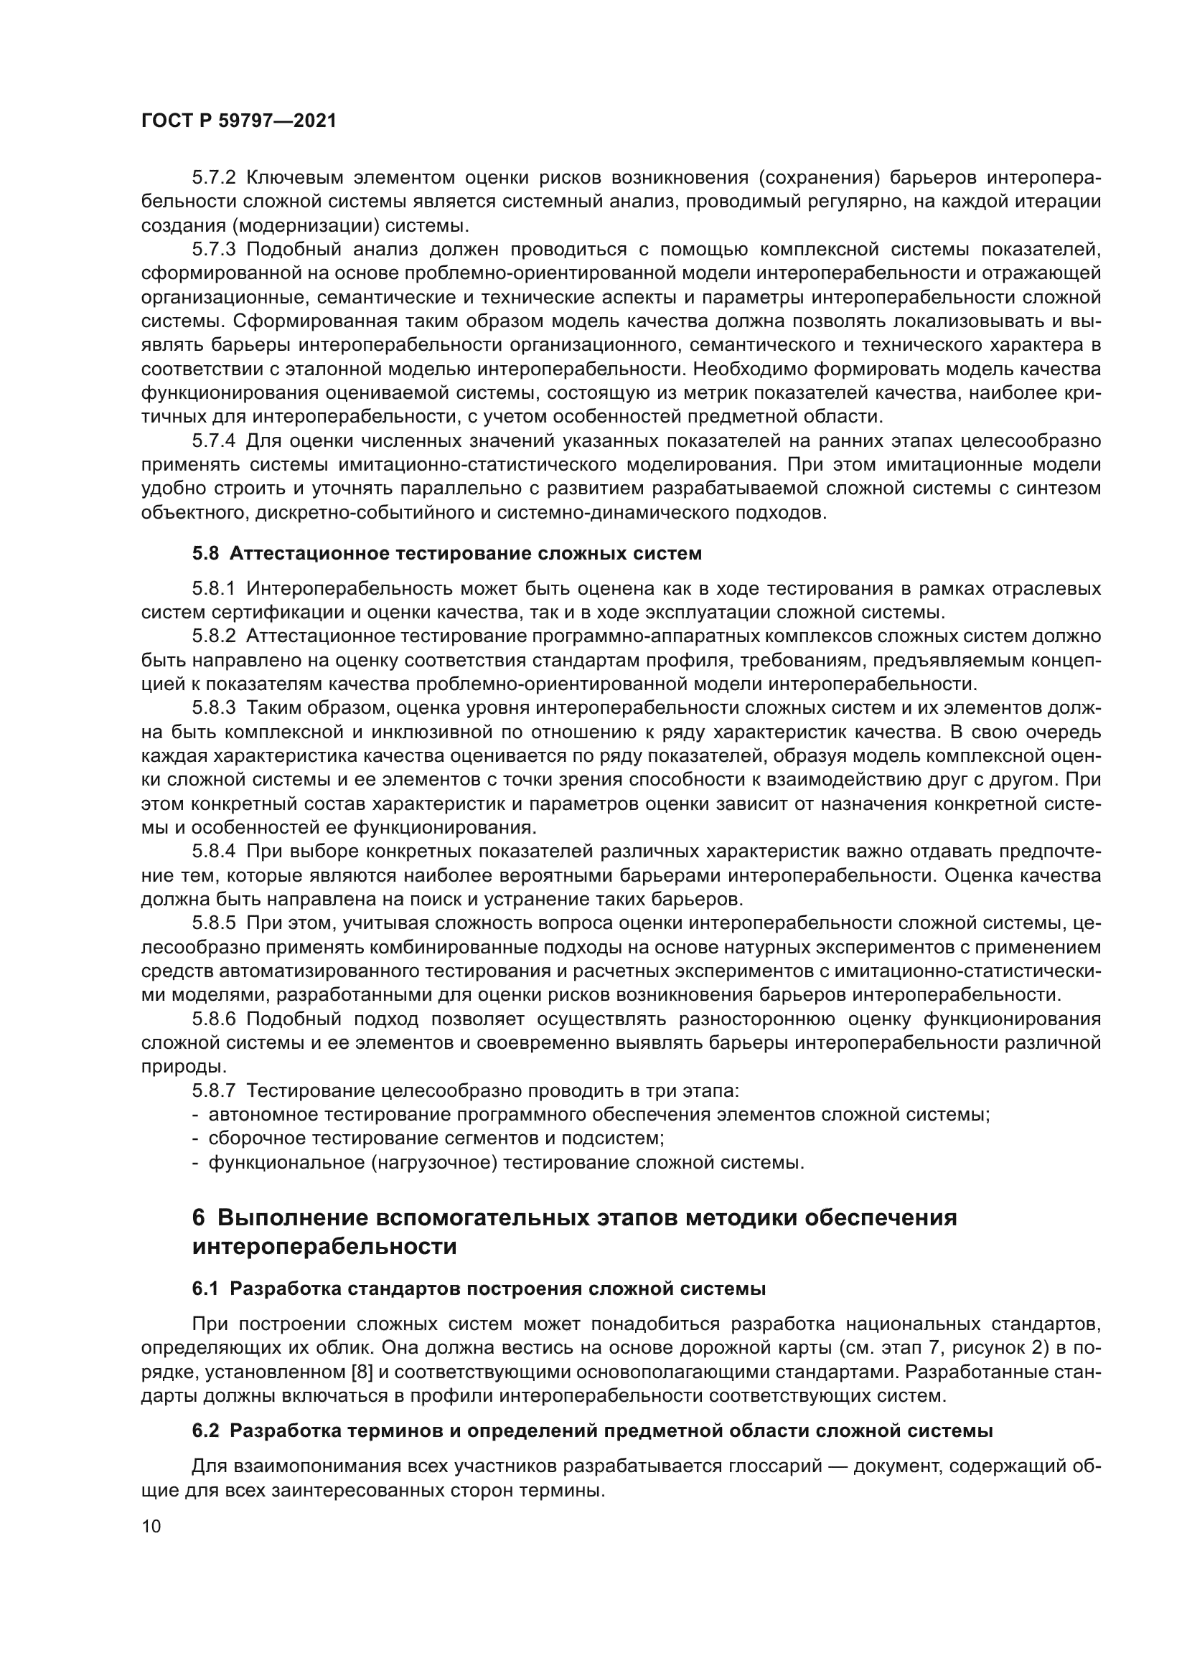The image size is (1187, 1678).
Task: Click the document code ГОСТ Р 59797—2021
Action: pyautogui.click(x=239, y=121)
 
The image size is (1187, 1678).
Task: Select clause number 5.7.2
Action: pyautogui.click(x=213, y=178)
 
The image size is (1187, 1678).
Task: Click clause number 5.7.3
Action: pyautogui.click(x=213, y=249)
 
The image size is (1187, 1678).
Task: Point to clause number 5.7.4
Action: pyautogui.click(x=213, y=440)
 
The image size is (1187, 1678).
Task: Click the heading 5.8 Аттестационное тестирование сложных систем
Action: pyautogui.click(x=446, y=553)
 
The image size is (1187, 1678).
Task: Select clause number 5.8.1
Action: pyautogui.click(x=213, y=588)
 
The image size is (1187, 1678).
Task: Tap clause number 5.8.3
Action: pyautogui.click(x=213, y=707)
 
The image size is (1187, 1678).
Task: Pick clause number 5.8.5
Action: pyautogui.click(x=213, y=924)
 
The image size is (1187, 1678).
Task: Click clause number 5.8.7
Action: pyautogui.click(x=213, y=1091)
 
